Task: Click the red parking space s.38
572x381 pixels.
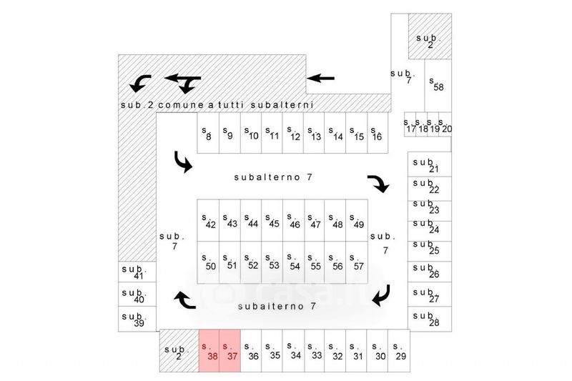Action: pyautogui.click(x=209, y=350)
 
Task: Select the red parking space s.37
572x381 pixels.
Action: pyautogui.click(x=230, y=350)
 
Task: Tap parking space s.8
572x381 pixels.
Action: pyautogui.click(x=207, y=133)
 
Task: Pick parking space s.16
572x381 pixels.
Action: pyautogui.click(x=377, y=133)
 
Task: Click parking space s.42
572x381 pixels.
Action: pyautogui.click(x=209, y=221)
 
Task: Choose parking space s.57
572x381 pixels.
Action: pyautogui.click(x=357, y=262)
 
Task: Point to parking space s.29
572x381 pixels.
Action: pyautogui.click(x=399, y=350)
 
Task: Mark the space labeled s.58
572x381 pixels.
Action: pyautogui.click(x=437, y=85)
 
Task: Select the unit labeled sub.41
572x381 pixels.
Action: pyautogui.click(x=134, y=272)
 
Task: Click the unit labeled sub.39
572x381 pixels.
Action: pyautogui.click(x=134, y=320)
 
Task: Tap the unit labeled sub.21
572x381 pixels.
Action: pyautogui.click(x=430, y=164)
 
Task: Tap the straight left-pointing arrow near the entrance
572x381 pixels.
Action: pyautogui.click(x=321, y=77)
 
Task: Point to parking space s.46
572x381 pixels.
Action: pyautogui.click(x=293, y=221)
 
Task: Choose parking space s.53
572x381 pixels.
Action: pyautogui.click(x=272, y=262)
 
